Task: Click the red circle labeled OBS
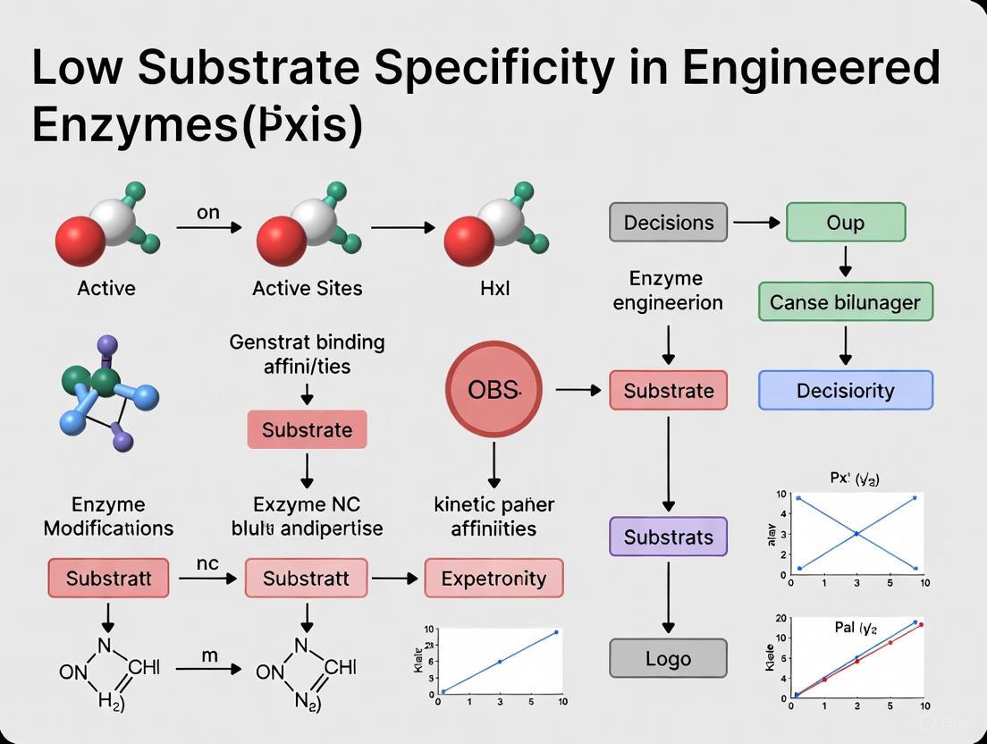493,390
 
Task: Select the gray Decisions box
668,222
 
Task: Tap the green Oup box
845,222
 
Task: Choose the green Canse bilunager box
845,301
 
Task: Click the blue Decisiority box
845,391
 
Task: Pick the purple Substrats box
668,537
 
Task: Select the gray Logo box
668,658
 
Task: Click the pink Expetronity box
493,578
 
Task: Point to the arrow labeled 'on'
208,228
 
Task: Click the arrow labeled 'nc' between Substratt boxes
208,579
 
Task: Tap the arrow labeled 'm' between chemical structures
208,669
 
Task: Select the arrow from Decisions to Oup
755,222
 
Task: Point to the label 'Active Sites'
307,288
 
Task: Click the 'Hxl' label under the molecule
494,288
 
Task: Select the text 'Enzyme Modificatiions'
108,516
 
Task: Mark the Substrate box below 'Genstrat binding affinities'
307,429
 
